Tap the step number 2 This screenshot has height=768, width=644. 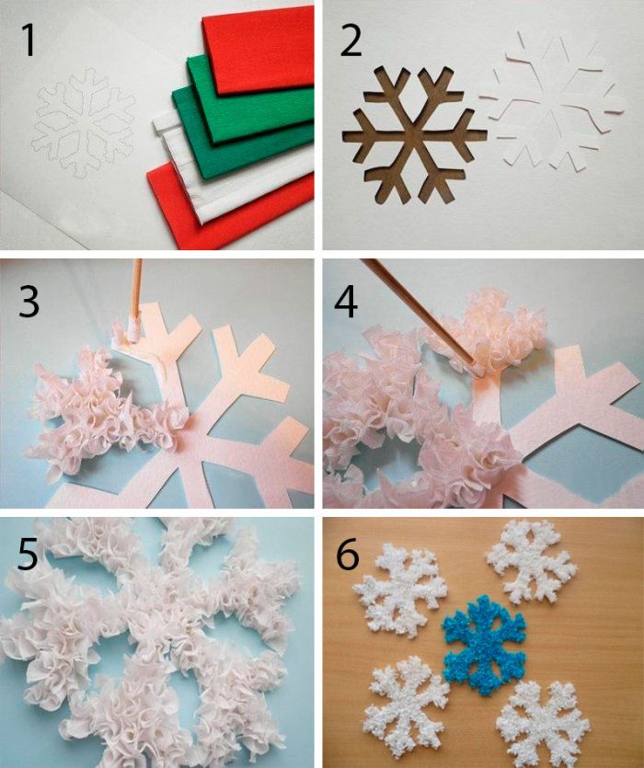pyautogui.click(x=351, y=41)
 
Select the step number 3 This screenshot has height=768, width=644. pyautogui.click(x=29, y=301)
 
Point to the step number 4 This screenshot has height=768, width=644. pyautogui.click(x=346, y=302)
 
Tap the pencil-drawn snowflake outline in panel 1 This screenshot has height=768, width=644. pyautogui.click(x=84, y=122)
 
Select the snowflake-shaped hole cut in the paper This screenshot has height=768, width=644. pyautogui.click(x=415, y=134)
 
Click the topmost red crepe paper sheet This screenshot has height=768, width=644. pyautogui.click(x=259, y=49)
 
